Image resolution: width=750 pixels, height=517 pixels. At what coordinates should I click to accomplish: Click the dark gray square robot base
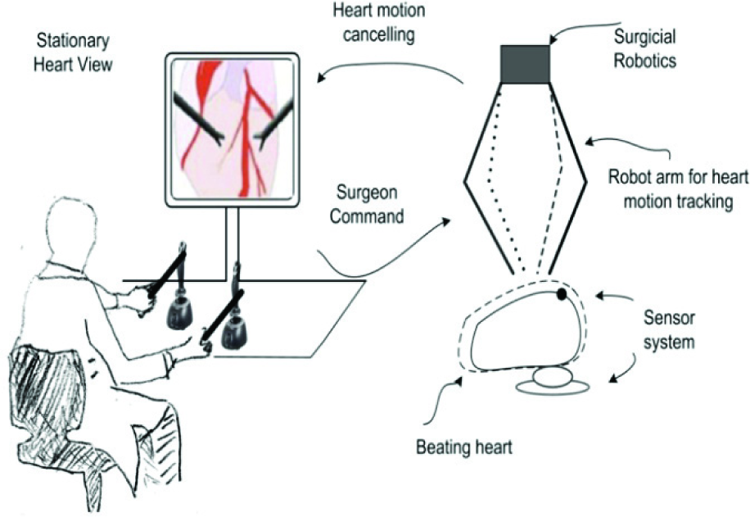click(x=525, y=64)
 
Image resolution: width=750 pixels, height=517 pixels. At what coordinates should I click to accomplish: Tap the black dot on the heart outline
click(x=562, y=294)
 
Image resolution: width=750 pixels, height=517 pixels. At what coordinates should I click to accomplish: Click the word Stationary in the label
click(x=73, y=41)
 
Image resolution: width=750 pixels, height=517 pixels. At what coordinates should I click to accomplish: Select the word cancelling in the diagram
click(x=379, y=35)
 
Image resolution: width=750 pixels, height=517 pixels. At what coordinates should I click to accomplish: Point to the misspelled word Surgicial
click(x=644, y=37)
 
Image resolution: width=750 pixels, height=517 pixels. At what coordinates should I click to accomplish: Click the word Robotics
click(x=644, y=61)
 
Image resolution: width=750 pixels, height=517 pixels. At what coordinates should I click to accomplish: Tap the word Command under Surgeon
click(x=367, y=216)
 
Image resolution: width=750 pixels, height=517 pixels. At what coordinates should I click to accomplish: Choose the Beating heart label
click(x=464, y=447)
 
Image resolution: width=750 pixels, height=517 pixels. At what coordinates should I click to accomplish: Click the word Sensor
click(x=669, y=318)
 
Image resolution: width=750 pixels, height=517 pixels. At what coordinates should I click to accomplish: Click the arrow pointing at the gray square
click(x=581, y=26)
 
